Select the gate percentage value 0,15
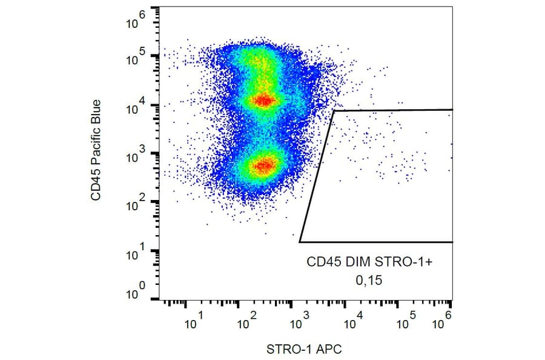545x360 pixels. (x=371, y=281)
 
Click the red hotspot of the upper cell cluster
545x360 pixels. (x=264, y=100)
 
